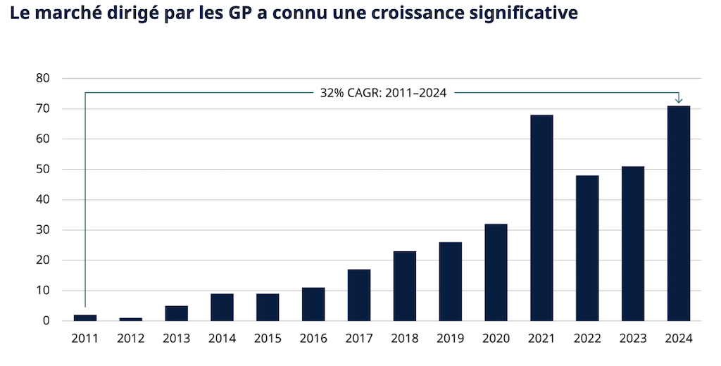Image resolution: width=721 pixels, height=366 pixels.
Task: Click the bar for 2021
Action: point(541,217)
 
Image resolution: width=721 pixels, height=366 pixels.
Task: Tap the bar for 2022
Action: point(587,248)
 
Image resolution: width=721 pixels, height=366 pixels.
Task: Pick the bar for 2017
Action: point(358,295)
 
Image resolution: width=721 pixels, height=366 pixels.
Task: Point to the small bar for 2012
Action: point(130,319)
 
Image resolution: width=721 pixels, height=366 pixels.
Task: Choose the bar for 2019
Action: point(450,282)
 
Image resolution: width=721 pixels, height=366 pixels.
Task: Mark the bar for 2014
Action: point(222,307)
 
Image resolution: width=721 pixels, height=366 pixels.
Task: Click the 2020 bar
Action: point(496,272)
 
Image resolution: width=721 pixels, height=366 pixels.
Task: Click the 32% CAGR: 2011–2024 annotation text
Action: point(384,93)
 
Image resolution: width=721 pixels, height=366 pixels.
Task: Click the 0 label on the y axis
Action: point(46,321)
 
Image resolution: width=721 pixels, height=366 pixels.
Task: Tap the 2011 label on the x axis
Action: point(84,339)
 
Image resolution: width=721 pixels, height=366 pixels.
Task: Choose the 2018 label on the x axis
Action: point(404,339)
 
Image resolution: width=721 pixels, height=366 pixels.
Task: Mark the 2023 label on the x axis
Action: point(632,339)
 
